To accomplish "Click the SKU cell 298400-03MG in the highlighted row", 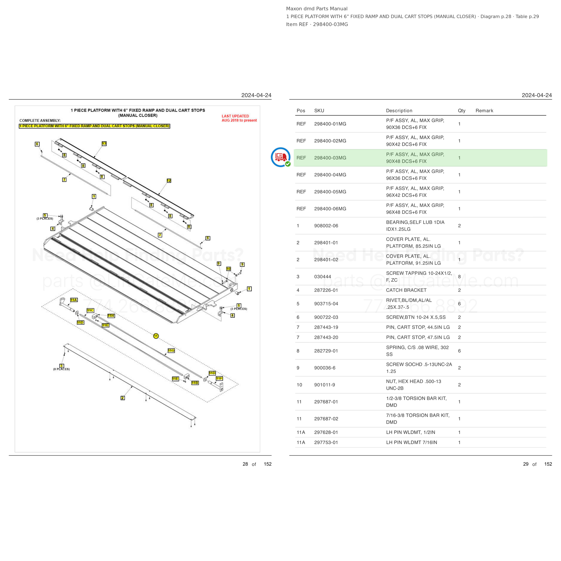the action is (x=330, y=158).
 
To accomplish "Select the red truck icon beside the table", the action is (x=280, y=157).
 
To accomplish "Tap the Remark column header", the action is (x=484, y=111).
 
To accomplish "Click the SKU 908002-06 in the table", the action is (x=326, y=226).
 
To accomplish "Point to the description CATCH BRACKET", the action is (x=406, y=290).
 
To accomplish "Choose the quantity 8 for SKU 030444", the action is (x=459, y=277).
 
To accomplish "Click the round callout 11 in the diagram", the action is (x=156, y=336).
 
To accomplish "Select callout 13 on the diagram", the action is (x=104, y=143).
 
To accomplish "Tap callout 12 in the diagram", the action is (x=169, y=181).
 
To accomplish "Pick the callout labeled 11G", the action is (x=171, y=351).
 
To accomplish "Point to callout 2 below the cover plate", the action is (x=123, y=398).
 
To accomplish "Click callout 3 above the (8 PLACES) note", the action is (x=61, y=366).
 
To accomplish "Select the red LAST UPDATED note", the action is (x=239, y=118).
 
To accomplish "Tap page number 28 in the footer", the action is (x=245, y=464).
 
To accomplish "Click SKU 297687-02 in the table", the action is (x=326, y=419).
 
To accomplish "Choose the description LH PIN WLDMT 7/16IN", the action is (x=412, y=442).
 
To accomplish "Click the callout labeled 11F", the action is (x=219, y=378).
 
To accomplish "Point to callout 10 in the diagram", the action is (x=228, y=269).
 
